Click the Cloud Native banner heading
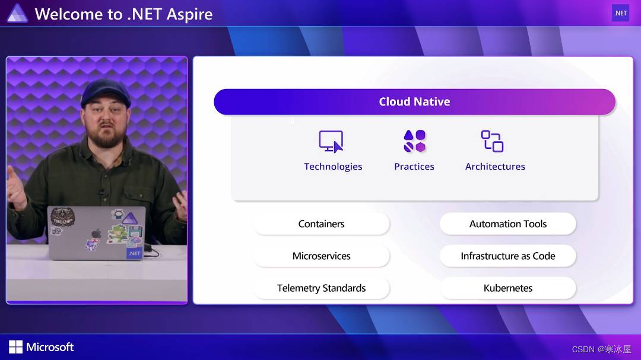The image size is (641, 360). [x=414, y=101]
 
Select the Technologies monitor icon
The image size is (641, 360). [x=331, y=142]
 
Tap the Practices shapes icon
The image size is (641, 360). [x=414, y=142]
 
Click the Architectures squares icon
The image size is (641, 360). [x=492, y=142]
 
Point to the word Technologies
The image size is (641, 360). [x=333, y=167]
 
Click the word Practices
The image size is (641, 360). [x=414, y=167]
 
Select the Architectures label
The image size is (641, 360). [x=495, y=167]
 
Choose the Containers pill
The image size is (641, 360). [x=321, y=224]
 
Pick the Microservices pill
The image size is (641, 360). [x=321, y=256]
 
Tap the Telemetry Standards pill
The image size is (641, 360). [x=321, y=288]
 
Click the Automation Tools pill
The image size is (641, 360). [x=508, y=224]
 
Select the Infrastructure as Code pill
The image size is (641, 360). [x=508, y=256]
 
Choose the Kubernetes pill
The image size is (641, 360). [x=508, y=288]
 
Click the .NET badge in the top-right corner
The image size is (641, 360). [x=620, y=13]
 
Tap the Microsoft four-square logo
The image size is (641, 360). [x=16, y=347]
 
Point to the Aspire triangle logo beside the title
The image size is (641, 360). [x=17, y=13]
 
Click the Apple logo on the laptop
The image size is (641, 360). [x=96, y=233]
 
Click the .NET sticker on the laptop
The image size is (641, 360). [x=135, y=253]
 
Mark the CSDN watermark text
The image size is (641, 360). [x=601, y=349]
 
